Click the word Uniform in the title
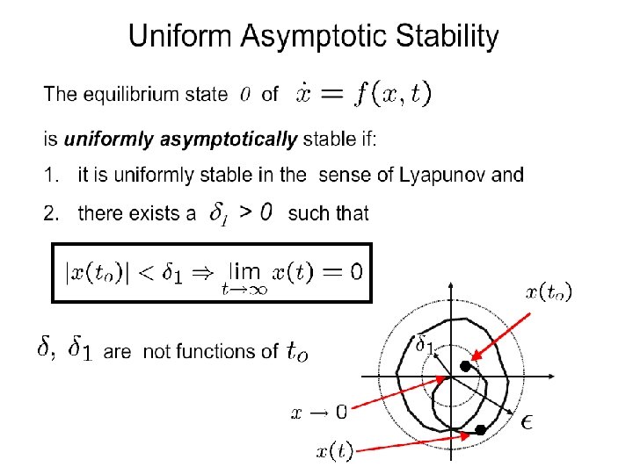pos(177,37)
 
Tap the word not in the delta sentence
pos(156,352)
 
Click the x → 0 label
pos(318,409)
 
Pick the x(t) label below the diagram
pos(335,452)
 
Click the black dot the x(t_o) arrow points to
pos(465,356)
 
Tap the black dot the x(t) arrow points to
pos(480,429)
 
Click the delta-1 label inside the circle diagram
pos(424,344)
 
